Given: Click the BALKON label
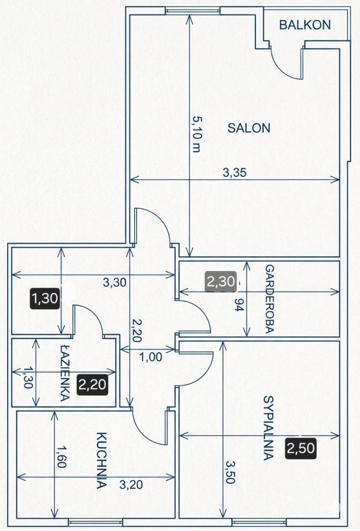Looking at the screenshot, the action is coord(305,25).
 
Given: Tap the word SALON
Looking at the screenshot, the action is coord(249,128).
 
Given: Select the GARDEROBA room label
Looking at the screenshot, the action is coord(269,299).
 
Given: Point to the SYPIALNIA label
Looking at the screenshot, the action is coord(268,428).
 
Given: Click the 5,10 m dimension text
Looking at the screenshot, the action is coord(197,134).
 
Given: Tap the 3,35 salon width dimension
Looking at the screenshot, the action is coord(234,173).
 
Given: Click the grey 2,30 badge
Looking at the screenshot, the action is coord(221,282).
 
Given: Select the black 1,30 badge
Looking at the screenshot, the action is coord(45,298).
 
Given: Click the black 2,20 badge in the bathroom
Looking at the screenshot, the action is coord(92,384).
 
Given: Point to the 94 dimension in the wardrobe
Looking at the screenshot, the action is coord(239,305).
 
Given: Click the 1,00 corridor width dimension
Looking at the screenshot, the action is coord(151,357).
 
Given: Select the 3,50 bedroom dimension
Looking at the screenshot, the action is coord(230,472).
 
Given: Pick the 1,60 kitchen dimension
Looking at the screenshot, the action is coord(61,456).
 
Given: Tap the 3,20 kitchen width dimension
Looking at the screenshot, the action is coord(131,485).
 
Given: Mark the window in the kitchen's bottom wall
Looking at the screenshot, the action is coord(96,521).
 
